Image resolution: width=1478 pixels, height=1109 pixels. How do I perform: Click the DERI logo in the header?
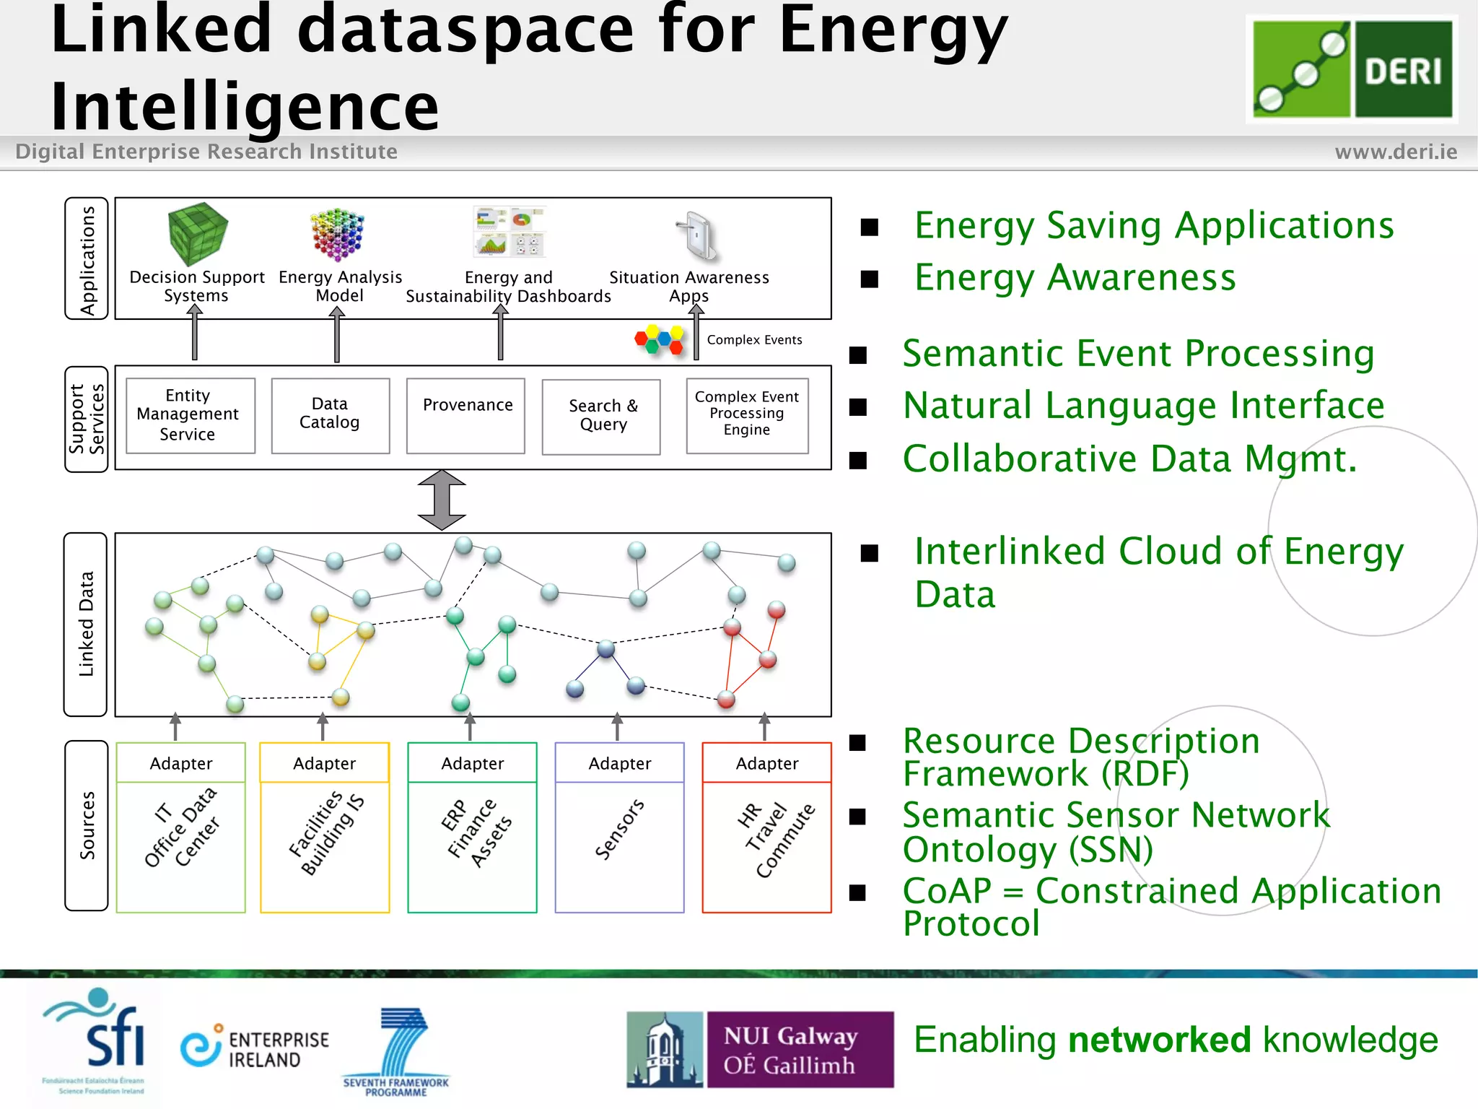[1352, 69]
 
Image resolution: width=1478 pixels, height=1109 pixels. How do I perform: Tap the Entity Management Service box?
[190, 415]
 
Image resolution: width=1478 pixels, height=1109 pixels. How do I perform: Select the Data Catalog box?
[330, 415]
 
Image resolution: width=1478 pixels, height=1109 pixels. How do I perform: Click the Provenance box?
[465, 415]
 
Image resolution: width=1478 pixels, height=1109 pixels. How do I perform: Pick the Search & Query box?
[601, 417]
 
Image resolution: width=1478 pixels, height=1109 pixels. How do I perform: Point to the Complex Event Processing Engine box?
[747, 415]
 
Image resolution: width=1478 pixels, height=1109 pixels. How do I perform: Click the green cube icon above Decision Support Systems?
[197, 233]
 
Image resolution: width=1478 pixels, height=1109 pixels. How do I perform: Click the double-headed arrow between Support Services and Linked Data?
[442, 500]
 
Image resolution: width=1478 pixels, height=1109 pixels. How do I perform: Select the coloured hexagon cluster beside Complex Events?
[659, 339]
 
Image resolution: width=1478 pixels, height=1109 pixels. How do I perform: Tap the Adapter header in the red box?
[766, 763]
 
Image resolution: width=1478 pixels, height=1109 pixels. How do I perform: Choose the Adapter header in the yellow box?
[324, 763]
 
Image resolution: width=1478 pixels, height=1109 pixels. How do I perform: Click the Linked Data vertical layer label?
[86, 624]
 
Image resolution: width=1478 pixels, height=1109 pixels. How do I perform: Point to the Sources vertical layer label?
[87, 825]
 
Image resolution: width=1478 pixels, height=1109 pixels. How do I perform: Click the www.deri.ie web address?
[1395, 152]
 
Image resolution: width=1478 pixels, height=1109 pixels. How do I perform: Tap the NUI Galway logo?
[760, 1049]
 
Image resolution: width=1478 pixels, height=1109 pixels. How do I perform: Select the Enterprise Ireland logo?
[255, 1049]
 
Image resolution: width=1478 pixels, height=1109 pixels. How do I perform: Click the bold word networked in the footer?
[1159, 1040]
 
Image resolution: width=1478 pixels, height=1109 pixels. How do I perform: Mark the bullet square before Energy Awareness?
[870, 279]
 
